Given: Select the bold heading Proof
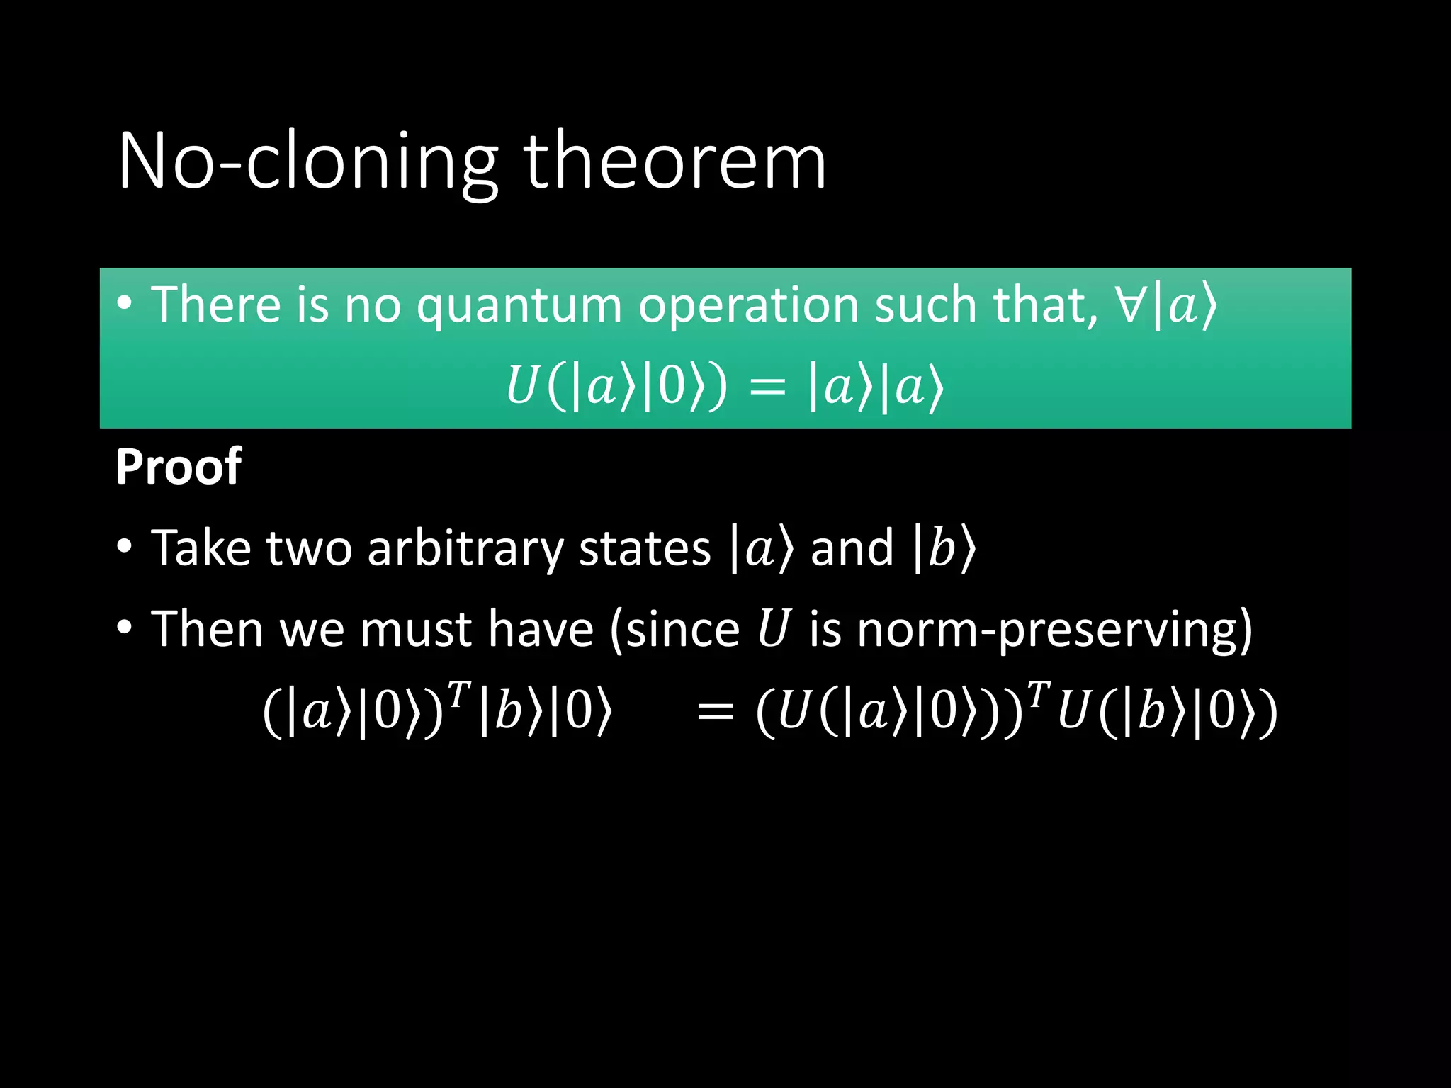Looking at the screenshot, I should [x=179, y=467].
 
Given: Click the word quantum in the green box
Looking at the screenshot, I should [x=519, y=306].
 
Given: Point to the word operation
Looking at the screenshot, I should [x=747, y=306].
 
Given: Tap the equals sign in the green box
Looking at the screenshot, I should [x=767, y=388].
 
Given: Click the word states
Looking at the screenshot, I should [x=644, y=549].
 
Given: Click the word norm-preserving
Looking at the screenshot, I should [x=1054, y=629].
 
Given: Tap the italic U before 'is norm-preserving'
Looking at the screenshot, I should [x=773, y=628].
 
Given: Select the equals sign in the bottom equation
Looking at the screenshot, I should [x=715, y=713].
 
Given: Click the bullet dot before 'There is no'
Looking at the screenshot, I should [x=125, y=304].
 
